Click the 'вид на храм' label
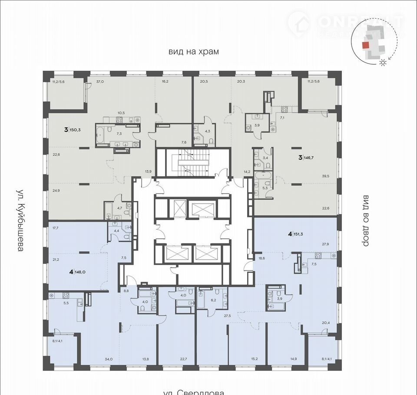194,51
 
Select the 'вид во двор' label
365,220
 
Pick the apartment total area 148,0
79,273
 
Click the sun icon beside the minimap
383,63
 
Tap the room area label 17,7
55,227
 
